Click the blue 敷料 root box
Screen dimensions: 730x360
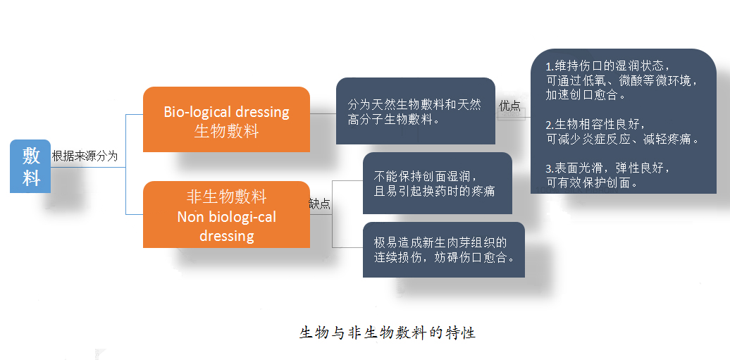coord(30,166)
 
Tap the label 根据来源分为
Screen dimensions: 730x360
coord(85,156)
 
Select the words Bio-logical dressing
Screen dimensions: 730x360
coord(226,112)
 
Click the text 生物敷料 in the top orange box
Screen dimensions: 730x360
coord(226,131)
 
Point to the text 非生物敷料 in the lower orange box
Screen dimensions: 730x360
coord(226,197)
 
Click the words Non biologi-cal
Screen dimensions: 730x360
coord(226,217)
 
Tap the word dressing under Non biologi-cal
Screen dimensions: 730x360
coord(226,235)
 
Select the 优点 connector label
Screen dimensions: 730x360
coord(509,106)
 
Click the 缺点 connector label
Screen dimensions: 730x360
coord(320,204)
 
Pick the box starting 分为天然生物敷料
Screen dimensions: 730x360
coord(415,111)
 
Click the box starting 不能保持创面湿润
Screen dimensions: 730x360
coord(437,183)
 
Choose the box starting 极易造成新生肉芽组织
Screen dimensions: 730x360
coord(444,249)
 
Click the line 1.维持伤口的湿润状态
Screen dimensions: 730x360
coord(609,66)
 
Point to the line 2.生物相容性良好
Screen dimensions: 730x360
coord(596,125)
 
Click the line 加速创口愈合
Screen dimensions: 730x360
coord(586,95)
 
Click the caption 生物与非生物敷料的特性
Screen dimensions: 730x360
coord(388,333)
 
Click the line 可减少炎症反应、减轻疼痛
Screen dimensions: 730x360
coord(623,139)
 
